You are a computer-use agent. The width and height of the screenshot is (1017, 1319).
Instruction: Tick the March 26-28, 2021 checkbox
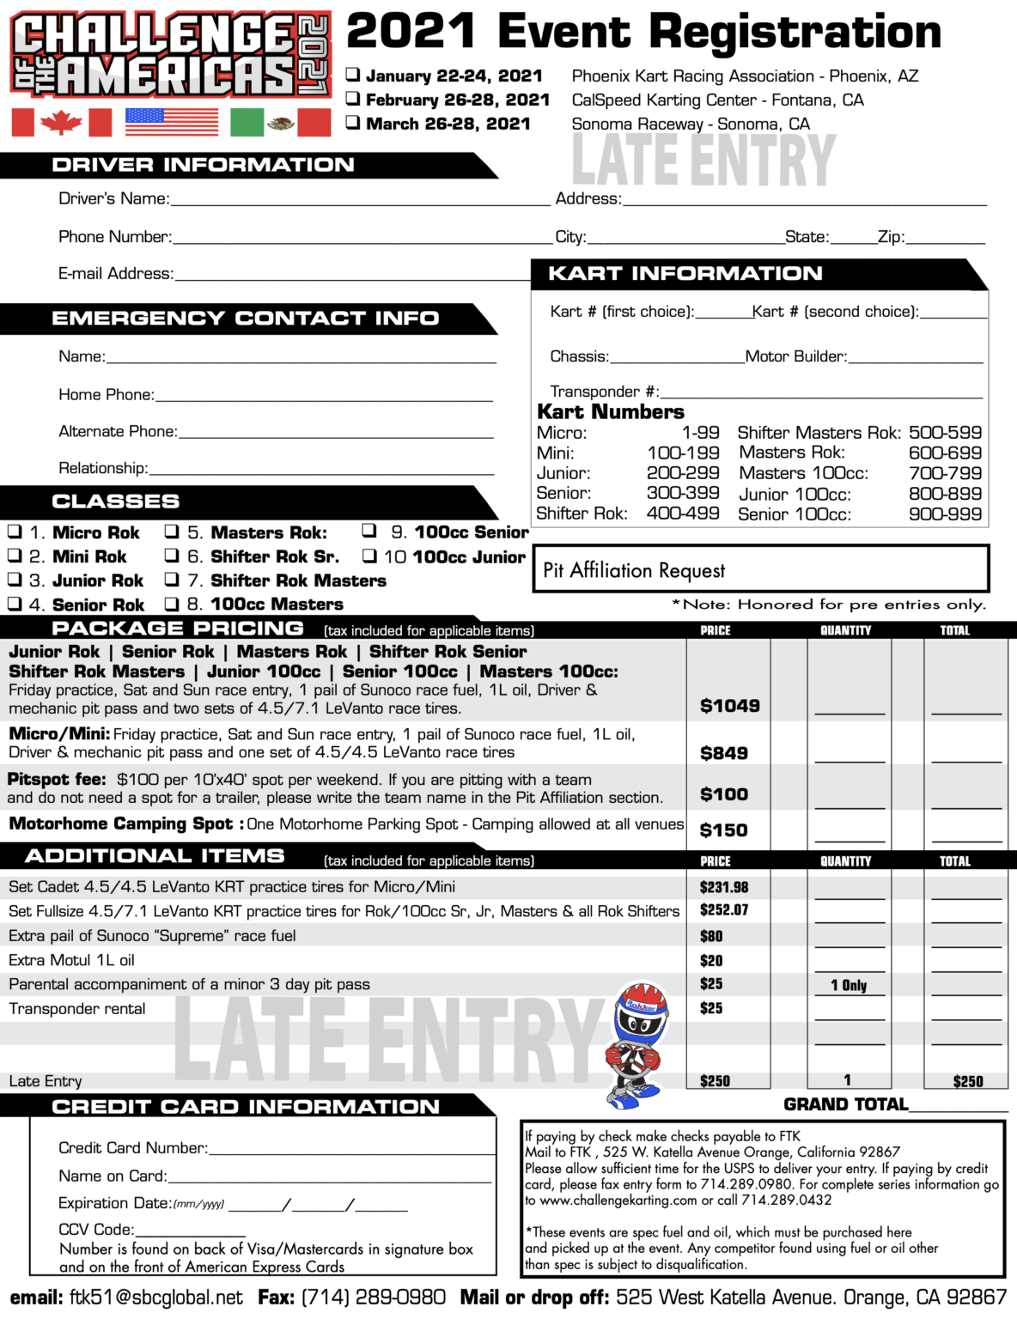pyautogui.click(x=353, y=122)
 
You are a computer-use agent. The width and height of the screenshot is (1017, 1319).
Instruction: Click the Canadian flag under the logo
pyautogui.click(x=61, y=123)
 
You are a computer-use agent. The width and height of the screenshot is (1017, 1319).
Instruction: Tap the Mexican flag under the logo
pyautogui.click(x=280, y=123)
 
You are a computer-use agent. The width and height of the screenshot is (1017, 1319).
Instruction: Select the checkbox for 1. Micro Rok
pyautogui.click(x=15, y=532)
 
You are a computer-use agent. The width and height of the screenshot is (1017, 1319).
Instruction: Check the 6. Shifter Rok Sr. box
pyautogui.click(x=172, y=556)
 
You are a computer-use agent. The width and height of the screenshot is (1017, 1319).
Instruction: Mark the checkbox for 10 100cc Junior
pyautogui.click(x=369, y=556)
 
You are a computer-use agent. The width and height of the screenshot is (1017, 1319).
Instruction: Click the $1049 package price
pyautogui.click(x=729, y=706)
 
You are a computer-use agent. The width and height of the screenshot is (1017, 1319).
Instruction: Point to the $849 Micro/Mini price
pyautogui.click(x=723, y=753)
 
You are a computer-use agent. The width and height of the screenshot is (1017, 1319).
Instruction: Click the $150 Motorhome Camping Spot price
pyautogui.click(x=723, y=830)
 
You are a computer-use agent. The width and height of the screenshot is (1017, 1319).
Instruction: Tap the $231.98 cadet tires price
pyautogui.click(x=723, y=887)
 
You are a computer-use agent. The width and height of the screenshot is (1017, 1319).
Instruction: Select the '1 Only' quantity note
pyautogui.click(x=848, y=985)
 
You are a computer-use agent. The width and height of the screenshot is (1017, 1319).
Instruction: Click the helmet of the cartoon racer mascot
pyautogui.click(x=641, y=1012)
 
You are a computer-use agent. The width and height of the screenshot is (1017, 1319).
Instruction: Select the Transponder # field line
pyautogui.click(x=820, y=394)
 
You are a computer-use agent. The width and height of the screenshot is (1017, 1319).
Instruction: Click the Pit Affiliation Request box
pyautogui.click(x=761, y=568)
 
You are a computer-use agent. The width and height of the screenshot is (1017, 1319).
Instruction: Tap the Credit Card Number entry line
pyautogui.click(x=351, y=1151)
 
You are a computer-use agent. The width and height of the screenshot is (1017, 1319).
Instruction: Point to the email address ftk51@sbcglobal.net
pyautogui.click(x=156, y=1298)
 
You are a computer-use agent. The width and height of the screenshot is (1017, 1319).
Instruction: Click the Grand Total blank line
pyautogui.click(x=958, y=1107)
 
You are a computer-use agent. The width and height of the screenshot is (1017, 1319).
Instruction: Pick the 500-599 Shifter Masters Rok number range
pyautogui.click(x=945, y=433)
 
